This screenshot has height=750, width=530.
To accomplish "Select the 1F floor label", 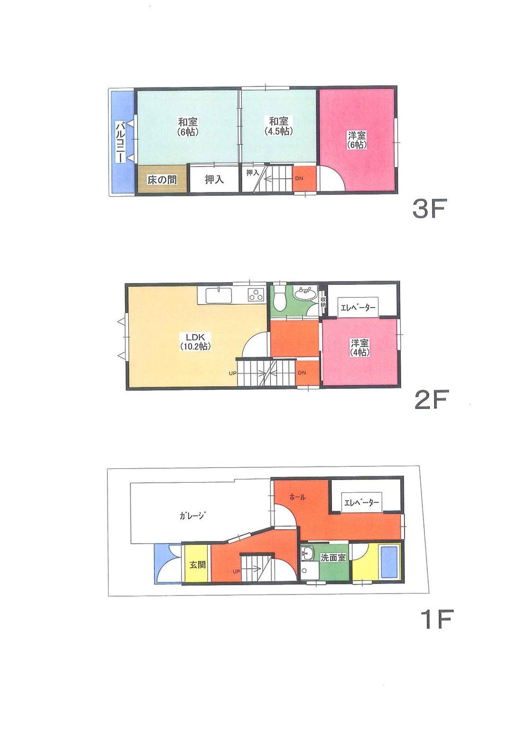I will point(436,619).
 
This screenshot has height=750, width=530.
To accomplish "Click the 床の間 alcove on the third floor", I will point(162,180).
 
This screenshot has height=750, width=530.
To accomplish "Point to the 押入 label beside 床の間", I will point(214,180).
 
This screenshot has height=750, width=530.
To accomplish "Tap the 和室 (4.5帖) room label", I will point(278,126).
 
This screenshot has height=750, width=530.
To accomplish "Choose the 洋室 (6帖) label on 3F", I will point(357,139).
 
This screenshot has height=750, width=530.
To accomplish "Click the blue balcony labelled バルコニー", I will point(121,142).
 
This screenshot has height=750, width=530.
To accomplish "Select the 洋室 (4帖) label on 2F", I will point(359,347).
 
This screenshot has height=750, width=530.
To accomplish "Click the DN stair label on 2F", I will point(301,373).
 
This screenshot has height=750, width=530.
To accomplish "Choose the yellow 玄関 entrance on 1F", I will point(198,565).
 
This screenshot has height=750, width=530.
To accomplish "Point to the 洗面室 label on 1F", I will point(332,558).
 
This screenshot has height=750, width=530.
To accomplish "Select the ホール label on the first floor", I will point(297,498).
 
